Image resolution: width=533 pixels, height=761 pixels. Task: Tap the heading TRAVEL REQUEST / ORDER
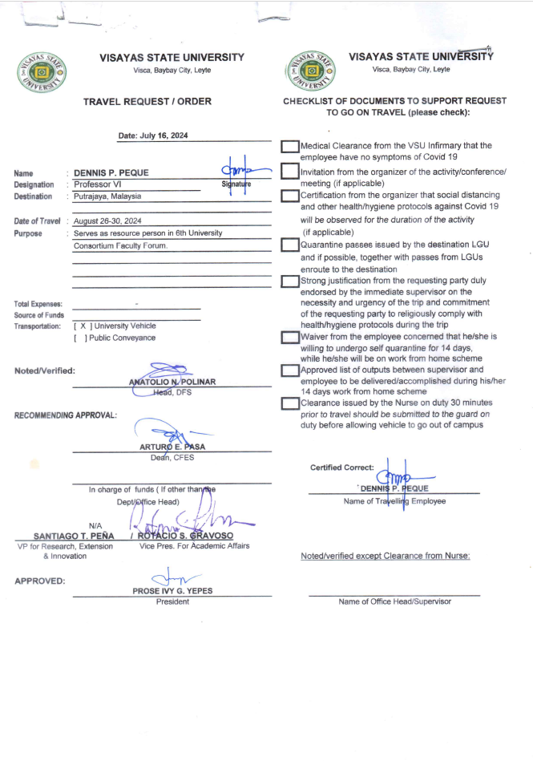[147, 102]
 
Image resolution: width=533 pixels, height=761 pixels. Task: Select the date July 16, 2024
[152, 136]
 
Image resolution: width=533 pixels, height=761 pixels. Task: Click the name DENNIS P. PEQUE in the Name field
[111, 172]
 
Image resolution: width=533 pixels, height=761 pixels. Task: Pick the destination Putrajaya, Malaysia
[107, 196]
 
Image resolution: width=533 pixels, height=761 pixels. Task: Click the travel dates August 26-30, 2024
[107, 221]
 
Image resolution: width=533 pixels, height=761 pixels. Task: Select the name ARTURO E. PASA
[172, 447]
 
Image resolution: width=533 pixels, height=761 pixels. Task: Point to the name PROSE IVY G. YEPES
[172, 591]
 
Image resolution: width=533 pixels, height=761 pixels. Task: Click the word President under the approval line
[172, 601]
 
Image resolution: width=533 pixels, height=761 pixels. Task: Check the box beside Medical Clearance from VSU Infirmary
[290, 147]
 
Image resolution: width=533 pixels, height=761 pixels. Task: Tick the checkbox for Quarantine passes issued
[290, 245]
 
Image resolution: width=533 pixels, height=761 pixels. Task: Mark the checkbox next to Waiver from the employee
[290, 338]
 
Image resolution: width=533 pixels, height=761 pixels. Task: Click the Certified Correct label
[341, 468]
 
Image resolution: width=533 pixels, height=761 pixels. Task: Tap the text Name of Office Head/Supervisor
[394, 601]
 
